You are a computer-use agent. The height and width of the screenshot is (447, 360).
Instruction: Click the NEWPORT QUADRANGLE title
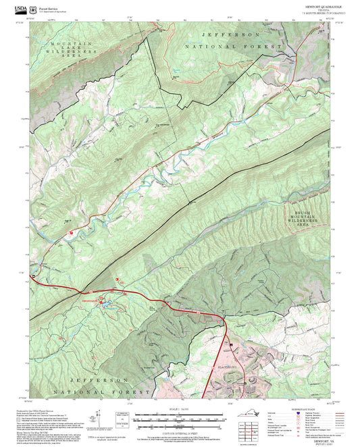click(317, 6)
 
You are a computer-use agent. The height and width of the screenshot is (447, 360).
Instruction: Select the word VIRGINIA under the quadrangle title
click(317, 10)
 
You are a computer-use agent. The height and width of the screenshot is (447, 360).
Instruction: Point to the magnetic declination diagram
click(121, 419)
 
